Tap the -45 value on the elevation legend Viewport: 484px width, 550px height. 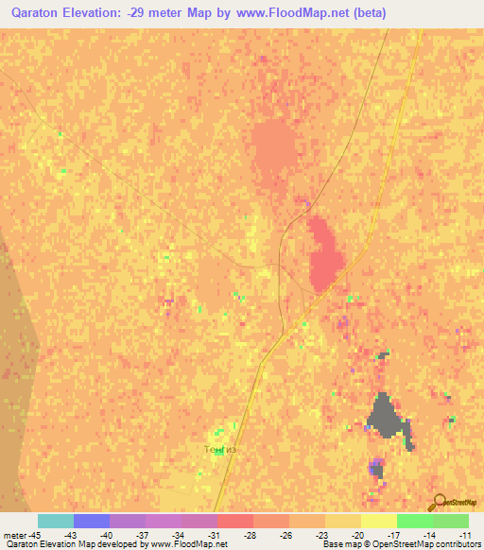click(x=34, y=534)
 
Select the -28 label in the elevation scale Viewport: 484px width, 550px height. click(x=250, y=534)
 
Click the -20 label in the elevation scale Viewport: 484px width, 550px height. click(x=358, y=534)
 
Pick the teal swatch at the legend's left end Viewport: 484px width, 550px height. click(x=55, y=521)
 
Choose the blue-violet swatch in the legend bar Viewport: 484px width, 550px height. click(x=91, y=521)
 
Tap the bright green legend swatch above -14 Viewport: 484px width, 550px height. click(x=414, y=521)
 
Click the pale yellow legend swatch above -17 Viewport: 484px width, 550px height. click(x=378, y=521)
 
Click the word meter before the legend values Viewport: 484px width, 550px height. click(x=16, y=534)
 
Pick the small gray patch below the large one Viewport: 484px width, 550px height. click(x=377, y=467)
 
